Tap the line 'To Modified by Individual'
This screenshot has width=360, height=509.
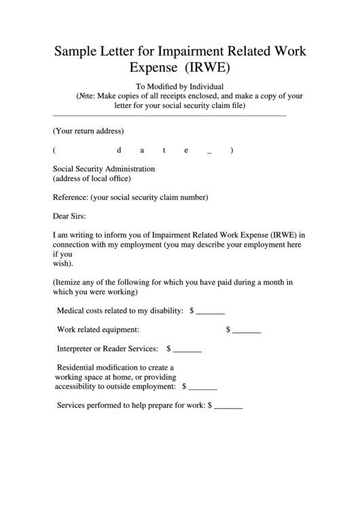tap(179, 86)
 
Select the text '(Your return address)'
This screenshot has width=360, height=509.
tap(88, 130)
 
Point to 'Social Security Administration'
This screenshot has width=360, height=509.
tap(104, 169)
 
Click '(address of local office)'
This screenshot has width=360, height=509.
tap(92, 179)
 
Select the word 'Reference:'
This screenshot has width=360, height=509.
tap(71, 198)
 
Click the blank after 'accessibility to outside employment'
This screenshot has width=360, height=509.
tap(202, 387)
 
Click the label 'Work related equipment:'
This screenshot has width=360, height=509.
tap(98, 330)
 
